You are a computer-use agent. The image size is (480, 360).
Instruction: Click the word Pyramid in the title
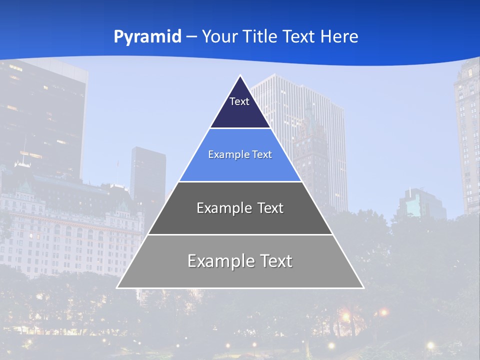147,36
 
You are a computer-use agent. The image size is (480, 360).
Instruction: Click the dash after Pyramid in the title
191,37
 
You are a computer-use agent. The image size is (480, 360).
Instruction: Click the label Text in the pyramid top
239,101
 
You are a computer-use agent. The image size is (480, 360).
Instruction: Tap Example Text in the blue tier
240,154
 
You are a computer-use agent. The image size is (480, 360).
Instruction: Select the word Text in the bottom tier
275,261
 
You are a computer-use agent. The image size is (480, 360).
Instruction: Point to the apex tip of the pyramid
240,76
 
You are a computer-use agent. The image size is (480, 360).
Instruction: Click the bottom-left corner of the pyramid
117,287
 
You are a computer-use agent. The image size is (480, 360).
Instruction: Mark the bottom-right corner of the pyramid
363,287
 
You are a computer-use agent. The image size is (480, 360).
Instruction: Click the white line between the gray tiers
240,234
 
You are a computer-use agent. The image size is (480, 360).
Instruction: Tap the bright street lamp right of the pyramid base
383,312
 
